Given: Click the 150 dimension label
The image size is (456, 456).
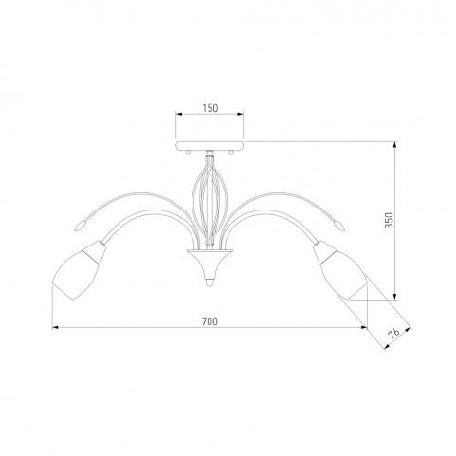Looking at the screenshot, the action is pos(210,108).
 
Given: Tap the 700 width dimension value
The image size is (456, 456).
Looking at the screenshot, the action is pos(210,321).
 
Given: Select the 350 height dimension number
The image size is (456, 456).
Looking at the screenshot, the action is pos(390,220).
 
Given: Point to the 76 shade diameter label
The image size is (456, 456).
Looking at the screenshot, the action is pos(393,334).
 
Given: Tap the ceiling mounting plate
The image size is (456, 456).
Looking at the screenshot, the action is pos(210,146).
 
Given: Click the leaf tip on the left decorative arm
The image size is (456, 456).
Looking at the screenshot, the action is pos(80,226).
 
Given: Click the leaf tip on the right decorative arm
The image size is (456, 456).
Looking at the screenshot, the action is pos(339,226).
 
